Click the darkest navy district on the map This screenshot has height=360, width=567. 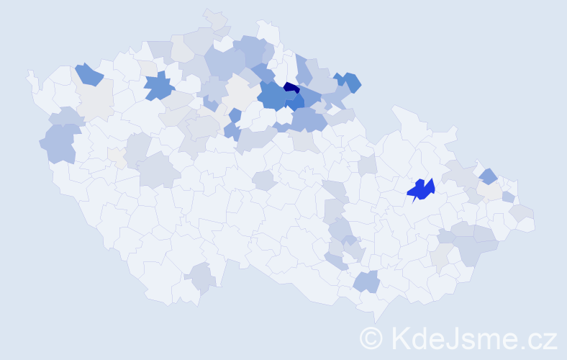coord(291,88)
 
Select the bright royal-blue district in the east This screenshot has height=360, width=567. coord(421,189)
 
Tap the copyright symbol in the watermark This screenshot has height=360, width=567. coord(371,337)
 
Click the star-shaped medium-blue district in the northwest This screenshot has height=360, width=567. coord(159,86)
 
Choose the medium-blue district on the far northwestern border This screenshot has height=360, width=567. coord(87,73)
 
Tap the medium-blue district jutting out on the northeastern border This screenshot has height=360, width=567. coord(350,81)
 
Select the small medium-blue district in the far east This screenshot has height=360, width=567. coord(488,176)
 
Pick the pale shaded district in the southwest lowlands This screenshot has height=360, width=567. coord(201,277)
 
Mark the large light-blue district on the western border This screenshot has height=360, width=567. coord(60,142)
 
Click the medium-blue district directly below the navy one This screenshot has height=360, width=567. coord(294,102)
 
